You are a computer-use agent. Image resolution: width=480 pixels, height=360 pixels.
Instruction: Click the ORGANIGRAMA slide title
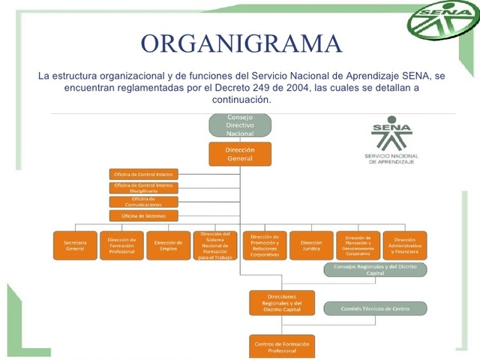(x=241, y=43)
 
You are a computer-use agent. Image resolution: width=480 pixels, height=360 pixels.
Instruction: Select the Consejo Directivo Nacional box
(x=240, y=125)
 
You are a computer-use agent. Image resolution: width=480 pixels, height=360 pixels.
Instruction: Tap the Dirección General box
(x=240, y=154)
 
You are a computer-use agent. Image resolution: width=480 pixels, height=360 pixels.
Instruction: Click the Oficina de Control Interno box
(x=144, y=174)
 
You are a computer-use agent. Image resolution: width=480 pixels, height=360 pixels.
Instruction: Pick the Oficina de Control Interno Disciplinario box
(x=144, y=188)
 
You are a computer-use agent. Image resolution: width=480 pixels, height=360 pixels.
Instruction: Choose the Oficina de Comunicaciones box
(x=144, y=202)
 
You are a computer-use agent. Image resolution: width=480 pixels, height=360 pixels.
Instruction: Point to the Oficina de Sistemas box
(x=144, y=216)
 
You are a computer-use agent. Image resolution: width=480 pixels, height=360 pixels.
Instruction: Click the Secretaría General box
(x=75, y=246)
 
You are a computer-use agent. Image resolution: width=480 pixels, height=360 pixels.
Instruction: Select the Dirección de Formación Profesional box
(x=121, y=246)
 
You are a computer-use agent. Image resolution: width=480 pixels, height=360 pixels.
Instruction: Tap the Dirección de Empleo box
(x=168, y=246)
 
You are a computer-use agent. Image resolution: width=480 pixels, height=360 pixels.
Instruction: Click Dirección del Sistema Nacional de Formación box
(x=215, y=246)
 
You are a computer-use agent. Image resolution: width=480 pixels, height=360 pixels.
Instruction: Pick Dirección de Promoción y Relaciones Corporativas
(x=264, y=245)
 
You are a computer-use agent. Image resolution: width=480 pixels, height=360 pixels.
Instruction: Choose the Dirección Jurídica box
(x=311, y=246)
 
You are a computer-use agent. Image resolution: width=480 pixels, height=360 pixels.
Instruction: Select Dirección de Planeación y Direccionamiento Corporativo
(x=358, y=246)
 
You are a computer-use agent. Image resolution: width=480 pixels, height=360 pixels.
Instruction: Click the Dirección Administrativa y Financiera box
(x=405, y=246)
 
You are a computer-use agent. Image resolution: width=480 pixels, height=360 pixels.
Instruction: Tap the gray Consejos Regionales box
(x=375, y=270)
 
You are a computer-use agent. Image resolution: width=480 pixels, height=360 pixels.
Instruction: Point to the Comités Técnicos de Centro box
(x=375, y=308)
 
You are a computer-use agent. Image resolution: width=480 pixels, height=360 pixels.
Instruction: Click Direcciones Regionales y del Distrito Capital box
(x=281, y=303)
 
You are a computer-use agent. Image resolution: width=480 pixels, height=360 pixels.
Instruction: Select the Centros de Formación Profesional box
(x=281, y=346)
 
